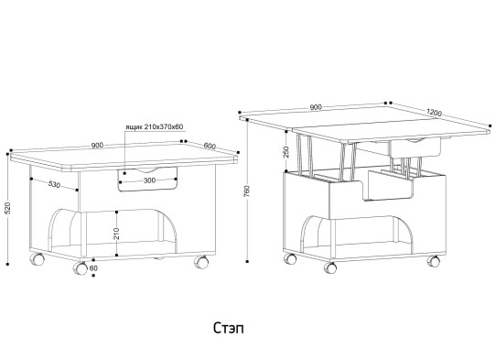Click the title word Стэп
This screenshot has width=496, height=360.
point(229,328)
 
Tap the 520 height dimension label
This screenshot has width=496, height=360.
point(8,208)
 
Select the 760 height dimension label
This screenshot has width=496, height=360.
point(247,191)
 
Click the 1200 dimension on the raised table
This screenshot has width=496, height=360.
point(434,112)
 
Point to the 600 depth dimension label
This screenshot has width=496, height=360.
point(210,146)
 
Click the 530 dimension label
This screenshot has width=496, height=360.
point(54,184)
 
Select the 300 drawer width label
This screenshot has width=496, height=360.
point(149,180)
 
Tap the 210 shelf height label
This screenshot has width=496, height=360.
point(116,234)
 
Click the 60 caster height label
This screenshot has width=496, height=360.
point(93,268)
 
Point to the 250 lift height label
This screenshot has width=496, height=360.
point(286,152)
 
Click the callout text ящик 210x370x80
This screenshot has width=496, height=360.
point(155,127)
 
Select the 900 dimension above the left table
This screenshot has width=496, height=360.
point(97,146)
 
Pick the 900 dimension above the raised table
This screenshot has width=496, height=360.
point(316,107)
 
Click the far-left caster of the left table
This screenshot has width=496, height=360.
point(37,259)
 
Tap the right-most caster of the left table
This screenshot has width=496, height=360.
point(201,262)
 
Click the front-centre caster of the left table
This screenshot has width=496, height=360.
point(80,268)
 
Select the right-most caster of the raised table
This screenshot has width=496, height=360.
point(434,261)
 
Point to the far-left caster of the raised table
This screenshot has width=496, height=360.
point(290,258)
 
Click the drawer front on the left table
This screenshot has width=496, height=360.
point(147,180)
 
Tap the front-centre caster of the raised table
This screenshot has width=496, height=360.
point(330,267)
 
